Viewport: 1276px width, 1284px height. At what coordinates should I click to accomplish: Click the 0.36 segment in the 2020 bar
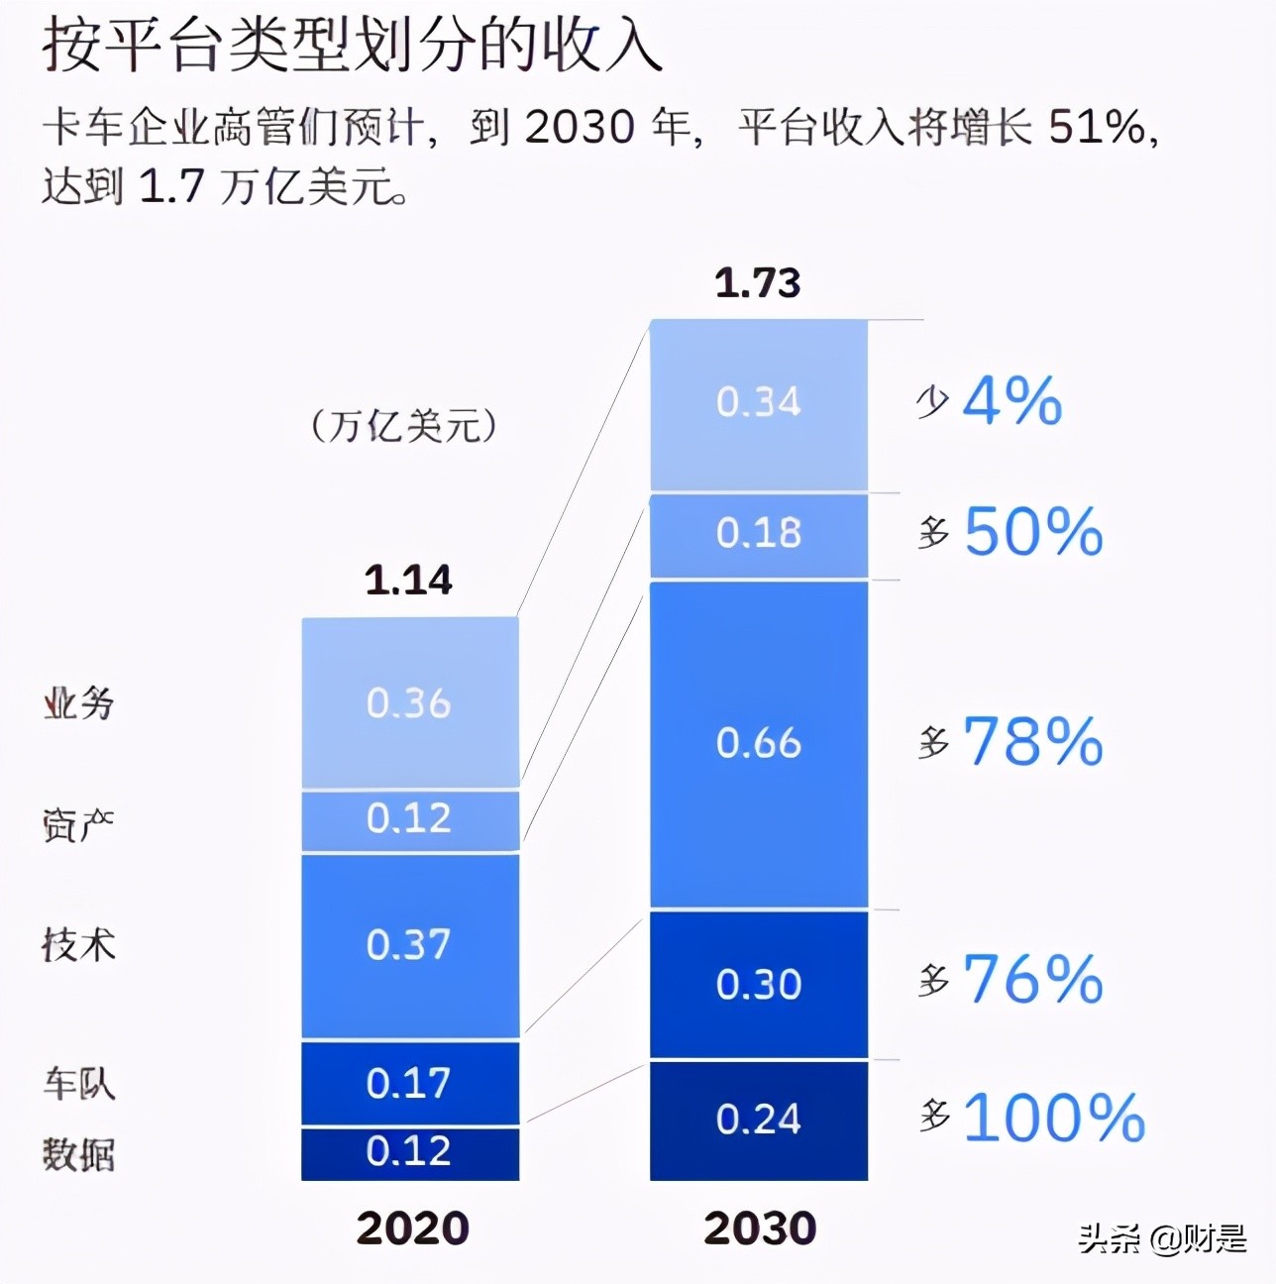[409, 703]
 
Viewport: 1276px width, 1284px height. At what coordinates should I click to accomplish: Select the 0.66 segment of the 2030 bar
[758, 743]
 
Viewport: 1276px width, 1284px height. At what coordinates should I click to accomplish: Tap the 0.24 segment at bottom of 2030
[758, 1120]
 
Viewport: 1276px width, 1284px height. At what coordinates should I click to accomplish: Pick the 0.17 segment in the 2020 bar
[409, 1083]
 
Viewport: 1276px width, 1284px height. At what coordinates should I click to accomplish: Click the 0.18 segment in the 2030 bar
[758, 534]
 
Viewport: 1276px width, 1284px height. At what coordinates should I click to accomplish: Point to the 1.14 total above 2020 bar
[408, 580]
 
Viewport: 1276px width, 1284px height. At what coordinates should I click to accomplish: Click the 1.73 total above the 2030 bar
[758, 283]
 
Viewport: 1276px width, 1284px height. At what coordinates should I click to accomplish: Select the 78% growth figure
[1032, 741]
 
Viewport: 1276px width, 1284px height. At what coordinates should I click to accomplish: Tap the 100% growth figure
[1053, 1118]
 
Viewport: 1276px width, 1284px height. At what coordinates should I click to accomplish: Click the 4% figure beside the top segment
[1011, 401]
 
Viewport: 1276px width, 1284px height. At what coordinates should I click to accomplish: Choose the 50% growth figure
[1032, 532]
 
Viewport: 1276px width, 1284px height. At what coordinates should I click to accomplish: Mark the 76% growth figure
[1032, 979]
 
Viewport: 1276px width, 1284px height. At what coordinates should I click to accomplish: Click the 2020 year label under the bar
[412, 1229]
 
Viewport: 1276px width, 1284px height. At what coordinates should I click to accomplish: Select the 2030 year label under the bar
[760, 1229]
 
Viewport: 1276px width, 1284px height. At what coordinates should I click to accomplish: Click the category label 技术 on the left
[78, 944]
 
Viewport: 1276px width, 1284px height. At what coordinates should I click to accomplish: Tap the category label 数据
[78, 1154]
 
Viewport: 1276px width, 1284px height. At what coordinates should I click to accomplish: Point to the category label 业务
[78, 703]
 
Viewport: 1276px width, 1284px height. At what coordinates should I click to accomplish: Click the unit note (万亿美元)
[404, 426]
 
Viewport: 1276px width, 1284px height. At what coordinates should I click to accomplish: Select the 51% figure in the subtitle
[1097, 127]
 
